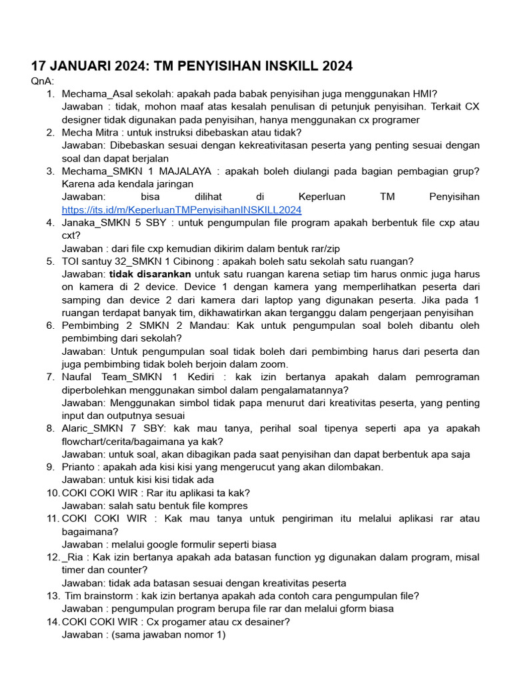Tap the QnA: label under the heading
coord(43,81)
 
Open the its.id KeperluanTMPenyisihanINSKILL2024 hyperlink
coord(181,209)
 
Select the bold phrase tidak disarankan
coord(150,273)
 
